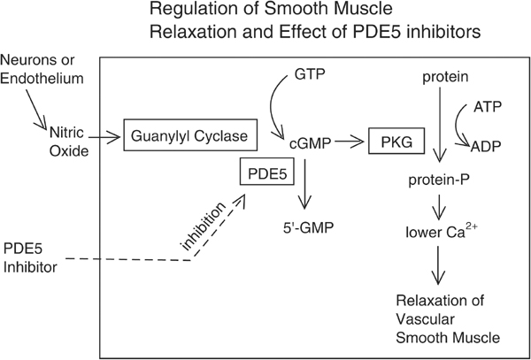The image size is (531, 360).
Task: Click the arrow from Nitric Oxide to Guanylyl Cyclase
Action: [x=104, y=137]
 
